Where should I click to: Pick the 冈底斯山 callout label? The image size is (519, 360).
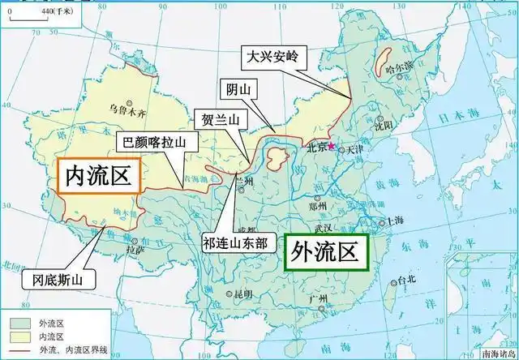[57, 281]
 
